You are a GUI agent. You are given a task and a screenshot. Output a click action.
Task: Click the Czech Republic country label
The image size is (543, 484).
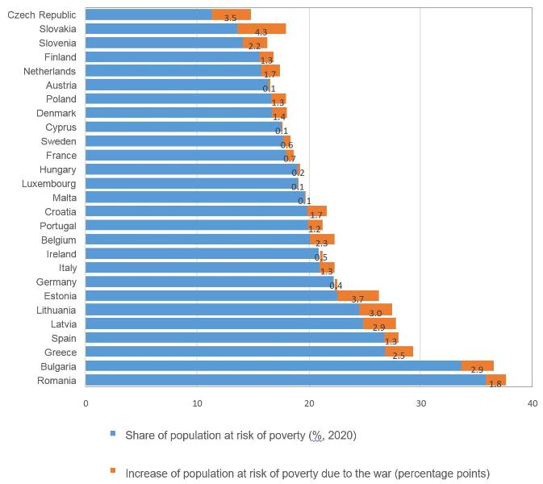click(x=41, y=15)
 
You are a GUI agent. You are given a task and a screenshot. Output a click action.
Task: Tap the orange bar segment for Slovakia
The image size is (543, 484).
click(x=261, y=29)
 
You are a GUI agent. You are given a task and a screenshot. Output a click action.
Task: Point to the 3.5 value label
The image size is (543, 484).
click(x=230, y=18)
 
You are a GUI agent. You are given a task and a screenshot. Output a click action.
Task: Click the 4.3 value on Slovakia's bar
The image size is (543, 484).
click(x=261, y=32)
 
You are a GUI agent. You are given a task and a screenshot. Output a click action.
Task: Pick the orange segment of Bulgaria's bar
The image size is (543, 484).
click(x=477, y=366)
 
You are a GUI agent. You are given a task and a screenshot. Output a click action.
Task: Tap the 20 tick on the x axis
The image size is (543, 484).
click(x=309, y=403)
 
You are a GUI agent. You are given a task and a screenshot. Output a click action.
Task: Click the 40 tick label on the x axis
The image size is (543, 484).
click(x=532, y=403)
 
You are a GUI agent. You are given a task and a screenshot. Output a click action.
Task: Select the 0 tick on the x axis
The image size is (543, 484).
click(x=86, y=403)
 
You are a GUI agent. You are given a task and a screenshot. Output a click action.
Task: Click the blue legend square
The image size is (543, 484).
click(x=113, y=434)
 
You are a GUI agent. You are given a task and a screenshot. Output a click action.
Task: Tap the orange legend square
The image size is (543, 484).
click(x=113, y=471)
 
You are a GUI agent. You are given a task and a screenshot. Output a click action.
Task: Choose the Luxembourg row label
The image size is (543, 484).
click(x=49, y=184)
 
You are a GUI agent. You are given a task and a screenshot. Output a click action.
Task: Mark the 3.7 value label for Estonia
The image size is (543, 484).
click(x=357, y=299)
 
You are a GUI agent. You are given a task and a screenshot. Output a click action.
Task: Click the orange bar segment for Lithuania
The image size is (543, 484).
click(x=375, y=310)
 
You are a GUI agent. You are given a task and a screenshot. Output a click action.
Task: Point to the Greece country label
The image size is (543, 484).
click(x=61, y=353)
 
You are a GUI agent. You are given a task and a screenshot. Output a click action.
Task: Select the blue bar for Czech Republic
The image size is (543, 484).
click(x=148, y=15)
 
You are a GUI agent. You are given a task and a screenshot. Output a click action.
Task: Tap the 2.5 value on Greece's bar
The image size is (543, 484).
click(x=399, y=356)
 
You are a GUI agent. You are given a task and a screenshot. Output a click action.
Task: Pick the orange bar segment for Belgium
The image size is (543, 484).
click(x=321, y=240)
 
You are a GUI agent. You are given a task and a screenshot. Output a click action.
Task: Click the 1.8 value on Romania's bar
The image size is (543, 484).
click(x=495, y=384)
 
